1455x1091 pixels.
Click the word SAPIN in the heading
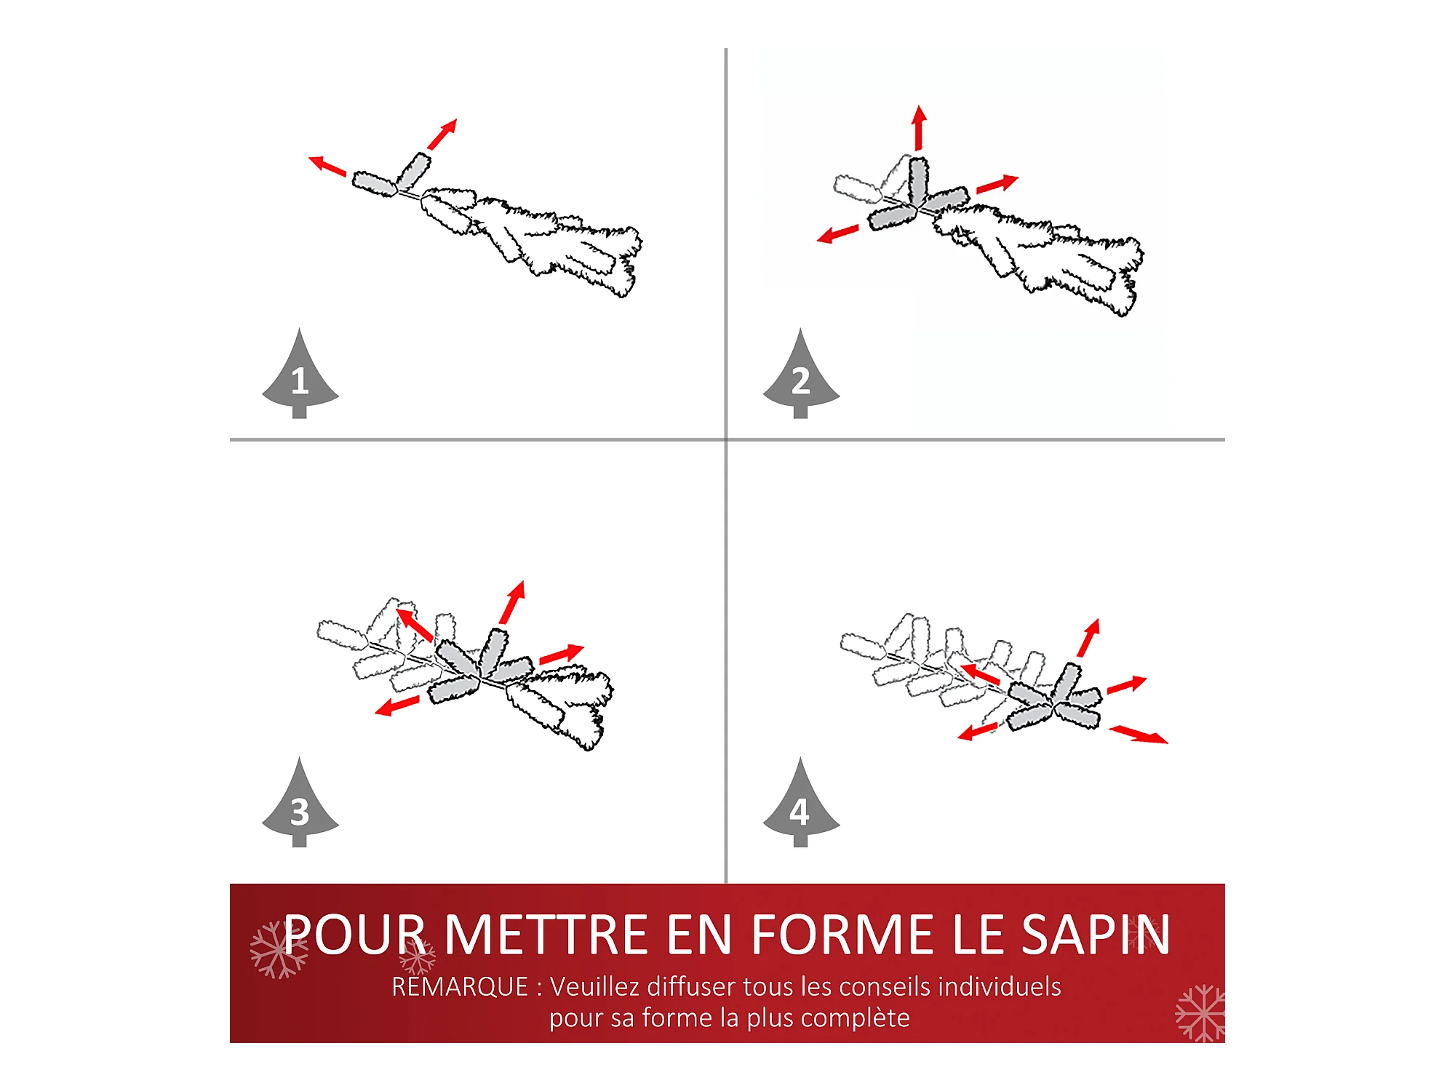tap(1096, 935)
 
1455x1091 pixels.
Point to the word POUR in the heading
tap(354, 935)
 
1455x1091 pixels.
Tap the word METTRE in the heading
tap(546, 935)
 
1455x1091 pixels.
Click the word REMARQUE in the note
tap(460, 987)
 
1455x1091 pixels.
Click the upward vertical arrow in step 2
tap(920, 128)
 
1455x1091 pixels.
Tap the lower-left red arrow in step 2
tap(837, 234)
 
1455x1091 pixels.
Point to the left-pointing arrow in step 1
tap(327, 166)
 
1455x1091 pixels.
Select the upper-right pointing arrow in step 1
tap(442, 134)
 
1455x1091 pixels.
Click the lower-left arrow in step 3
tap(397, 706)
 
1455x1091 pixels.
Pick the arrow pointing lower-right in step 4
tap(1139, 735)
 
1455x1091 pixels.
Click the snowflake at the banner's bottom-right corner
tap(1200, 1013)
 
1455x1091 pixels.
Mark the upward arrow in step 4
tap(1089, 638)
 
